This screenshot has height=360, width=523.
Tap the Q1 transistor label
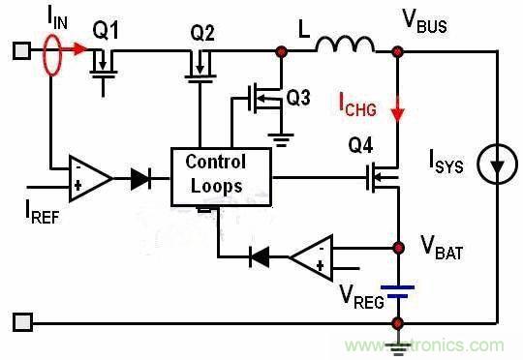click(x=106, y=31)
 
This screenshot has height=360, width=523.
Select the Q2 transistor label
click(x=201, y=31)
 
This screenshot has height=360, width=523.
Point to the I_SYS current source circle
click(x=496, y=165)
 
